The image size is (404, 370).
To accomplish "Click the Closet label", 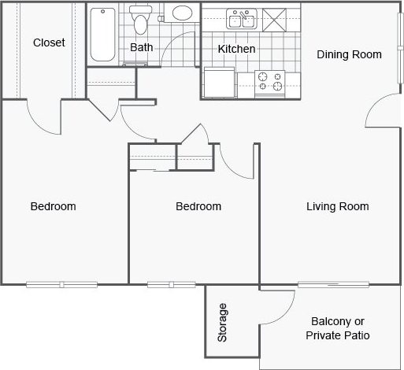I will point(49,43).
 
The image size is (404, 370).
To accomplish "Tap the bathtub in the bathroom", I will point(102,35).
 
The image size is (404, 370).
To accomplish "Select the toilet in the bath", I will point(141,19).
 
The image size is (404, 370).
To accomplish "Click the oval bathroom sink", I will point(183,14).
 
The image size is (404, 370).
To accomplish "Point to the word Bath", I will point(142,47).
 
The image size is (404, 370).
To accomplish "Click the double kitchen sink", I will point(242,17).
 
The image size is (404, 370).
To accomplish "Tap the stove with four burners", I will point(269,82).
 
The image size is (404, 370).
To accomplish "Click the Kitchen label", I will point(236,49).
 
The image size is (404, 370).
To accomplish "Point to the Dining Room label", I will point(349,54).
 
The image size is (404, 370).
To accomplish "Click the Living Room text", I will point(337,207).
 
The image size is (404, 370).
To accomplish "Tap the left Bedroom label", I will point(53,207).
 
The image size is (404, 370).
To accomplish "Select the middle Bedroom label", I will point(198,207).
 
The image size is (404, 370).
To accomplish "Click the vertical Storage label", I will point(223,322).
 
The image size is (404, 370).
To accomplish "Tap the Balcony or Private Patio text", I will point(338,328).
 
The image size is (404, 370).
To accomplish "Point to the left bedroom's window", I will point(61,283).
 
